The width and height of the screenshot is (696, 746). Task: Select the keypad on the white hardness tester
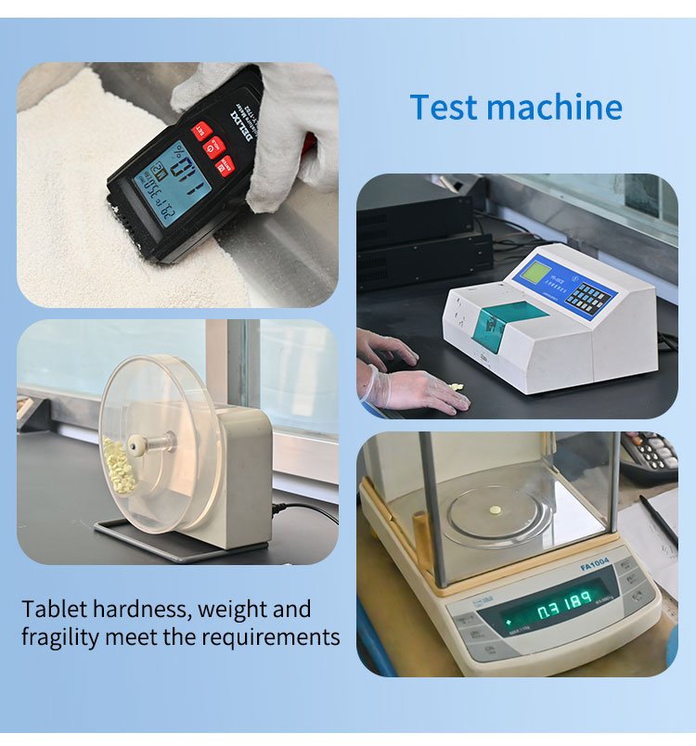tap(590, 297)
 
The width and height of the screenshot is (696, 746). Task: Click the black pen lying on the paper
tap(657, 521)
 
